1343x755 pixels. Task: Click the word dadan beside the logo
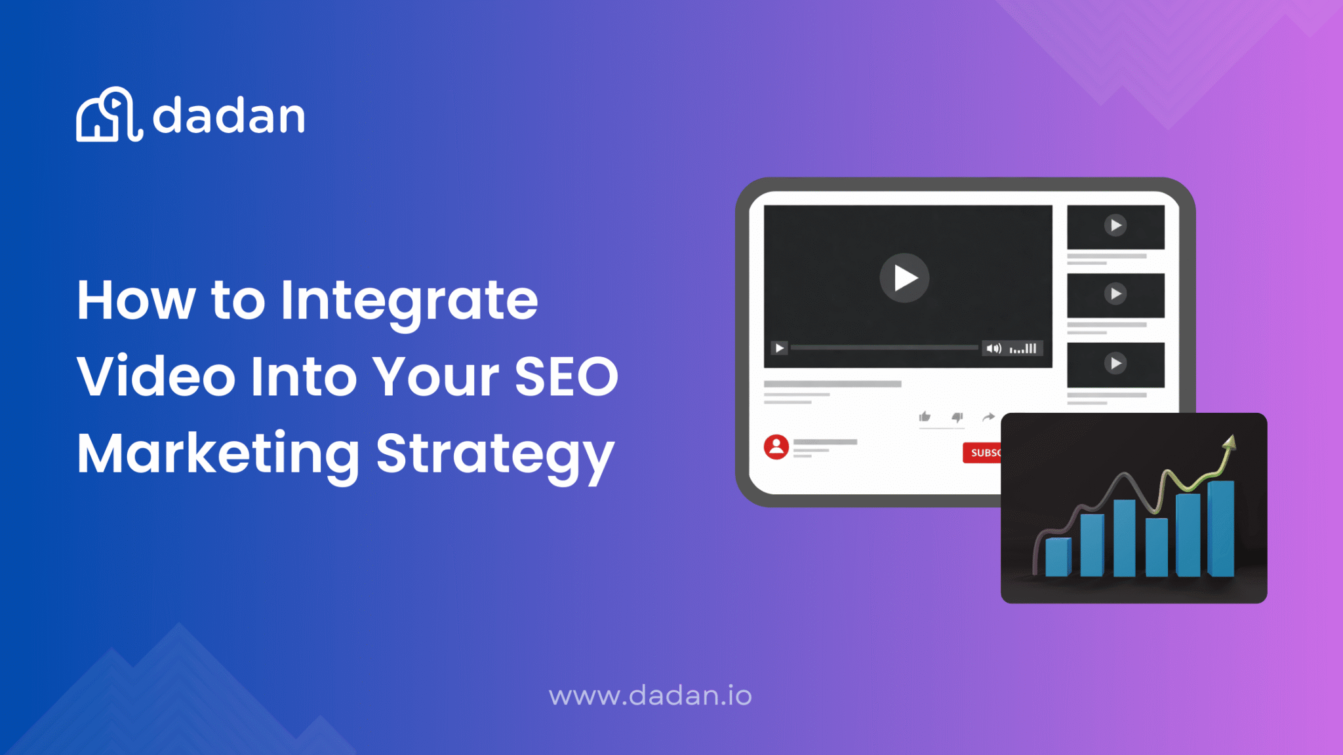pyautogui.click(x=229, y=117)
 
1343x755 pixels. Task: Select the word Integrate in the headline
pyautogui.click(x=409, y=301)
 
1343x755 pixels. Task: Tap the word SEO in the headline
pyautogui.click(x=566, y=377)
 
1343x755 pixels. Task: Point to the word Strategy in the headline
pyautogui.click(x=495, y=454)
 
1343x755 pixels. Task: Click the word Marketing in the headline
pyautogui.click(x=218, y=454)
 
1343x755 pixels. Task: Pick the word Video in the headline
pyautogui.click(x=156, y=377)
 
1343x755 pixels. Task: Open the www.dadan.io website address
pyautogui.click(x=650, y=696)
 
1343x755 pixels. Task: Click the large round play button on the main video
pyautogui.click(x=904, y=278)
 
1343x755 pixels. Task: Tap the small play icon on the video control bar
pyautogui.click(x=779, y=348)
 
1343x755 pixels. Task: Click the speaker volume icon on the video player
pyautogui.click(x=993, y=348)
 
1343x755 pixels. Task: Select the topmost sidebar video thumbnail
pyautogui.click(x=1115, y=226)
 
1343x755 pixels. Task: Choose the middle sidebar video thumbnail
pyautogui.click(x=1115, y=294)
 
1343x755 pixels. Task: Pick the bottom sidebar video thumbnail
pyautogui.click(x=1115, y=364)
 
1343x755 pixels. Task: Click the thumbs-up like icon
pyautogui.click(x=925, y=417)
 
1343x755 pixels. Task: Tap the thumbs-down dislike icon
pyautogui.click(x=957, y=417)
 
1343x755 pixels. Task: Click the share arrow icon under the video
pyautogui.click(x=989, y=417)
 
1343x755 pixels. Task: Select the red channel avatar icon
pyautogui.click(x=776, y=447)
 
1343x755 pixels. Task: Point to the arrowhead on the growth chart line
pyautogui.click(x=1230, y=443)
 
